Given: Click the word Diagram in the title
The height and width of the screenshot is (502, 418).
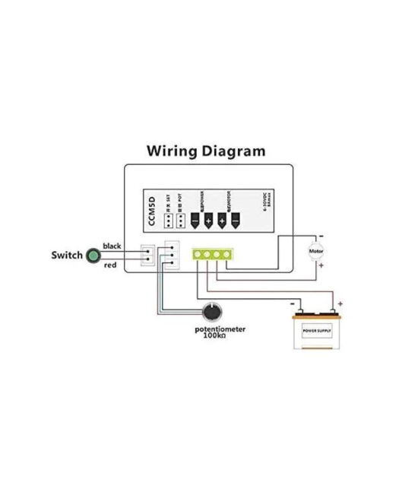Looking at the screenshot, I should tap(236, 151).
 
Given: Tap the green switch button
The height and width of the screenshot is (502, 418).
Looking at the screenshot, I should tap(93, 256).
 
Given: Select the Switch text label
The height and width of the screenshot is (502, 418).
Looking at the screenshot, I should tap(67, 256).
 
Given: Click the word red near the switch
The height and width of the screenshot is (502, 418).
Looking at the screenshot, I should tap(109, 265).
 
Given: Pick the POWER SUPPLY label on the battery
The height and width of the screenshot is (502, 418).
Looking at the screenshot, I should tap(318, 332).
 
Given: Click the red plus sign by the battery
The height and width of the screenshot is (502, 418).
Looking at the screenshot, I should tap(340, 303).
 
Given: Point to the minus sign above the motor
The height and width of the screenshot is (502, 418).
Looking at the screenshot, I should tap(321, 235).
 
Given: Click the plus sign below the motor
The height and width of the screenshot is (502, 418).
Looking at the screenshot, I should tap(321, 266).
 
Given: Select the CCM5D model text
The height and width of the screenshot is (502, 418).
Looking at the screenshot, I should tap(152, 211).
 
